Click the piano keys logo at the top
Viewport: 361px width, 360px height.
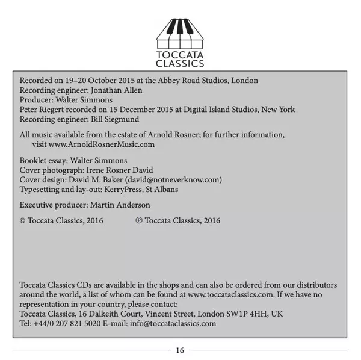pyautogui.click(x=180, y=33)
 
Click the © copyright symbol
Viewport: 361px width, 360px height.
pyautogui.click(x=23, y=221)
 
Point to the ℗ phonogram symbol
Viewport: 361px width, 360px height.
pyautogui.click(x=139, y=221)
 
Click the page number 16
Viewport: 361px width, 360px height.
pyautogui.click(x=180, y=350)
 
